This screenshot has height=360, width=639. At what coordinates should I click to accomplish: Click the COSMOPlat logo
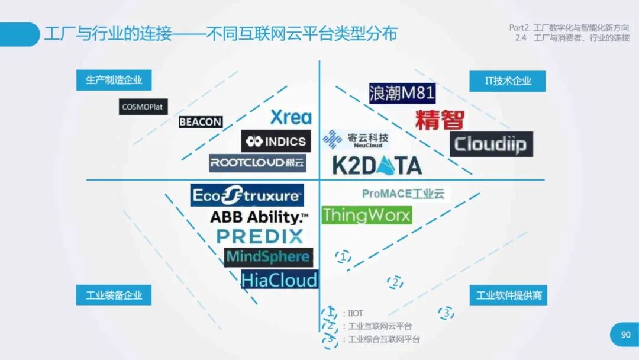(x=143, y=107)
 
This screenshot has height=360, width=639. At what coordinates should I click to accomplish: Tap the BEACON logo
(x=201, y=122)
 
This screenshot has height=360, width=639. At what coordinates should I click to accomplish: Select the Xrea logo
(x=291, y=117)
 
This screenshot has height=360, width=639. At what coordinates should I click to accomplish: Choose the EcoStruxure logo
(x=247, y=195)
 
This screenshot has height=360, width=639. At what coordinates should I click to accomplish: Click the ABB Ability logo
(x=259, y=217)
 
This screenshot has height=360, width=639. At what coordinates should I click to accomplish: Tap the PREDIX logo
(x=260, y=236)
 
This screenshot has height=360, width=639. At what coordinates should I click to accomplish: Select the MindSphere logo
(x=268, y=257)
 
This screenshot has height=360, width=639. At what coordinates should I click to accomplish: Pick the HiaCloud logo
(x=279, y=279)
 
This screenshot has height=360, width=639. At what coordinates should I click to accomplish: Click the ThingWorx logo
(x=366, y=215)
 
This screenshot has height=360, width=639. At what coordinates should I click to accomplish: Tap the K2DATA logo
(x=377, y=166)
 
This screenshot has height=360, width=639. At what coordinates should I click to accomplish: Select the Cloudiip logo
(x=491, y=144)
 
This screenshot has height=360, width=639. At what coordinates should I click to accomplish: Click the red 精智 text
(x=439, y=120)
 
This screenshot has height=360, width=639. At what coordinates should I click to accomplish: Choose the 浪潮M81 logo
(x=402, y=93)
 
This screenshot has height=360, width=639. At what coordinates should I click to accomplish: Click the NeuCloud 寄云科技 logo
(x=356, y=140)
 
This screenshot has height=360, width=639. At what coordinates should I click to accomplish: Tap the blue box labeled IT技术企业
(x=508, y=81)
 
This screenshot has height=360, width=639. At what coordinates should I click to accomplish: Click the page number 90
(x=625, y=335)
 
